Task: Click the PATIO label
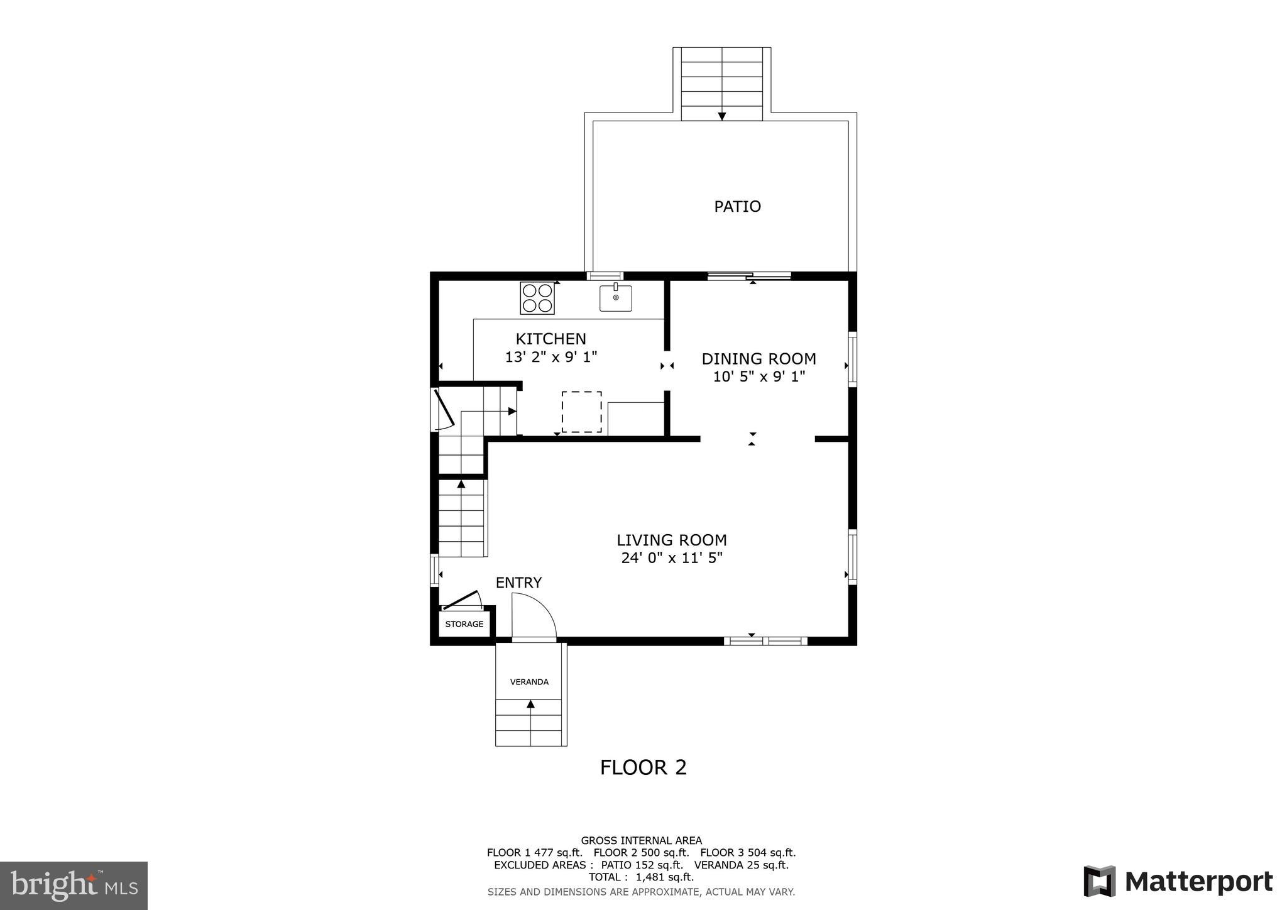737,206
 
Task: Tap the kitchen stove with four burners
537,298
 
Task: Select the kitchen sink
615,298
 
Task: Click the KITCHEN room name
550,339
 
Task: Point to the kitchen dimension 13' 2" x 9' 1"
550,357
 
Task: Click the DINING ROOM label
759,359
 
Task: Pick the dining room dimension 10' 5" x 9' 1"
759,377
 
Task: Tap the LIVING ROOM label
671,540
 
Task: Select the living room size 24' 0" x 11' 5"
671,557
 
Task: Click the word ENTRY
518,583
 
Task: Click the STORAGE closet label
464,624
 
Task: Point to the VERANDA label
529,682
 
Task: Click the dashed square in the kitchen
581,412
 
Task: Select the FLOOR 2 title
643,767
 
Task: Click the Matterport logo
1178,881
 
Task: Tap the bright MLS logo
74,885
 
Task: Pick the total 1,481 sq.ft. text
641,877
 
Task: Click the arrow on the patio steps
722,116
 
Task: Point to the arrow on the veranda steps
530,704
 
